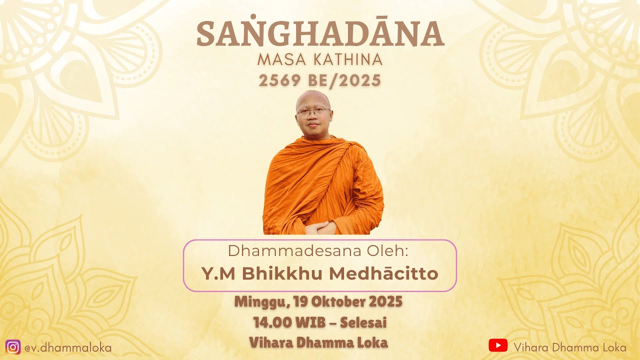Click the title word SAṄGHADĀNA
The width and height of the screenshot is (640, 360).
[x=320, y=34]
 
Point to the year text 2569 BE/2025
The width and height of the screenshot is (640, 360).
[x=320, y=80]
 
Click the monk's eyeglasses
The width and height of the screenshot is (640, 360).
[x=313, y=111]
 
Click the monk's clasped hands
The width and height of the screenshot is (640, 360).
[x=320, y=227]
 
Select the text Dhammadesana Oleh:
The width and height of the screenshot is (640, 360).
[x=320, y=251]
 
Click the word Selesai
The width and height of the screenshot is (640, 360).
[x=363, y=322]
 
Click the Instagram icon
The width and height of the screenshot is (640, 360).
[x=13, y=347]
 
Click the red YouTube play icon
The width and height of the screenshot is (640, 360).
[x=498, y=345]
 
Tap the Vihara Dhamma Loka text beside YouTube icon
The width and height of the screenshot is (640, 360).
[x=570, y=347]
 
